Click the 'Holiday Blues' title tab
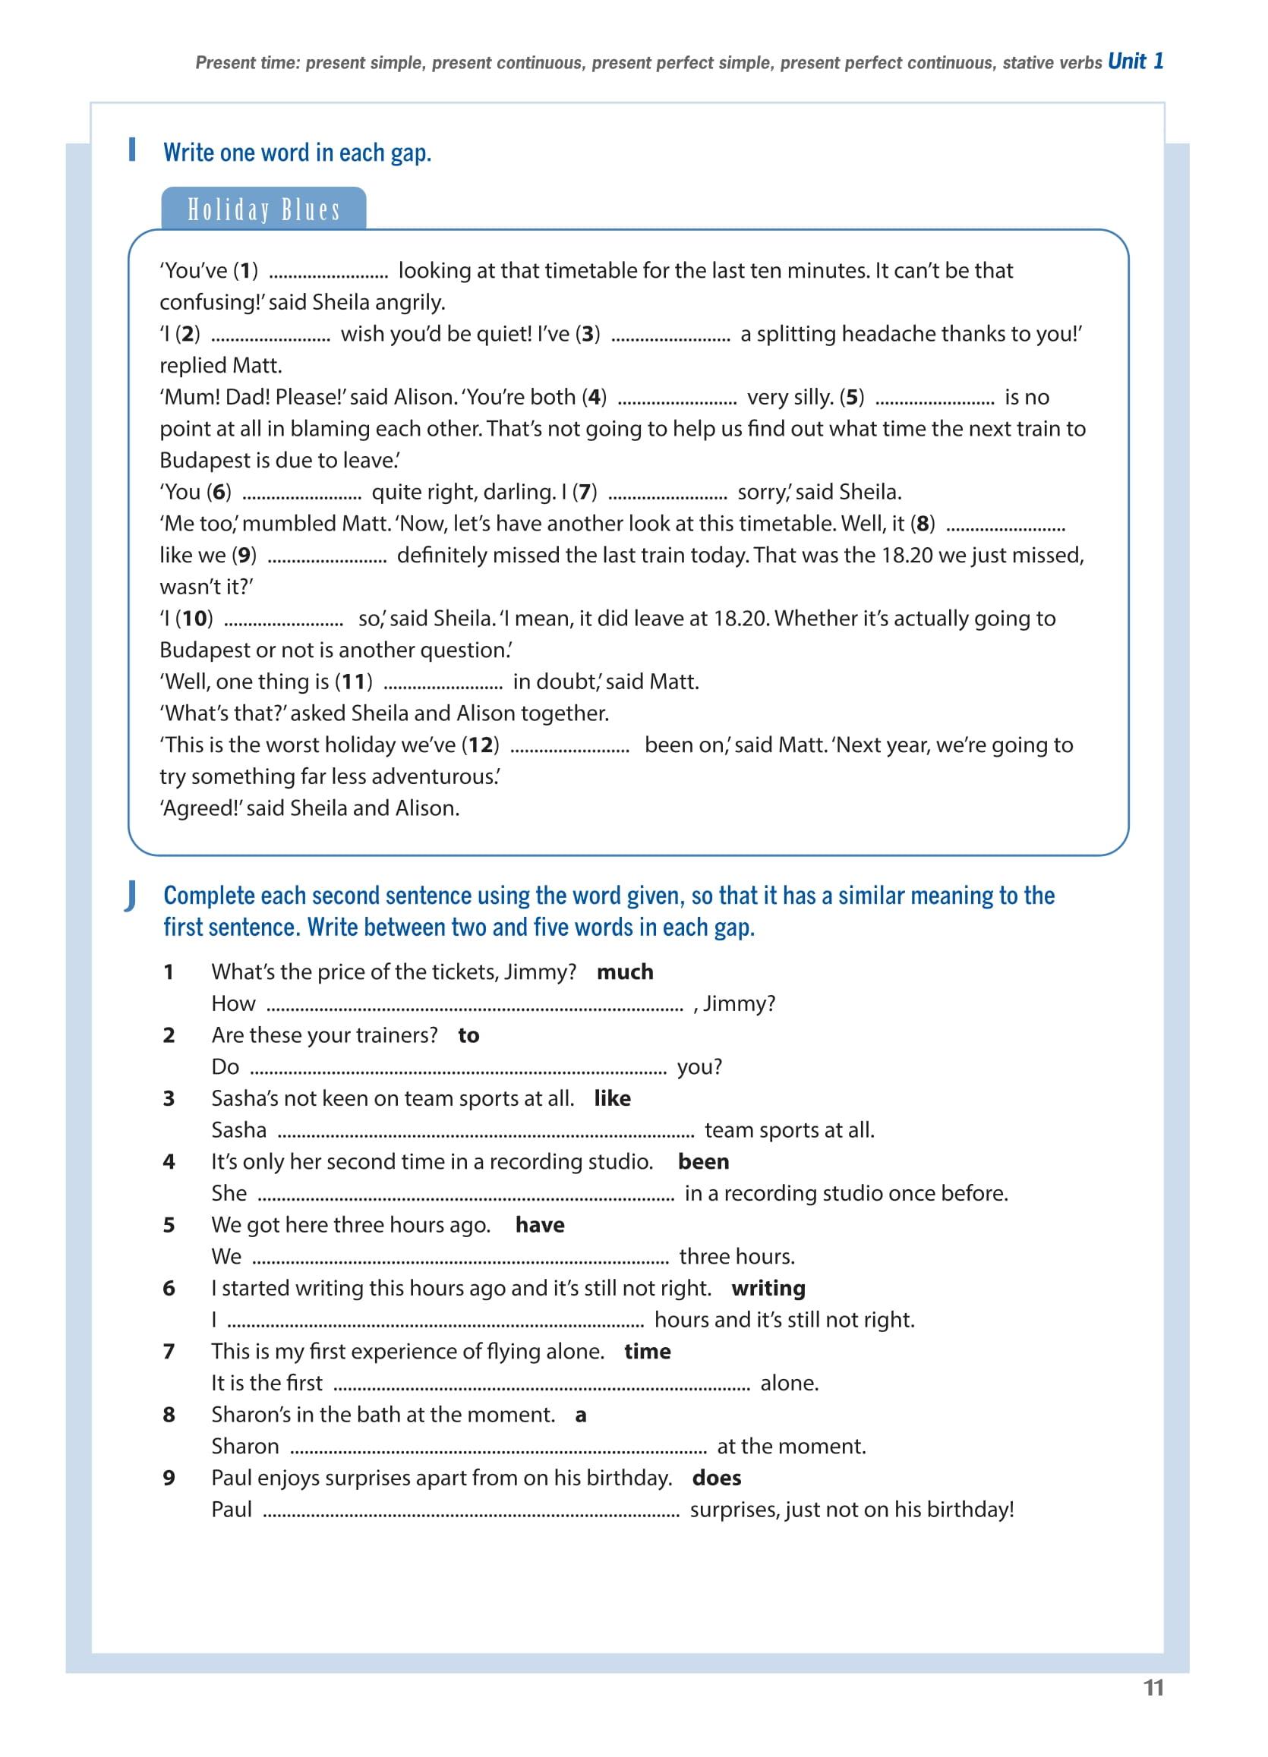[263, 210]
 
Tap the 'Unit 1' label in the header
[1134, 61]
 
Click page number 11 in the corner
[1153, 1688]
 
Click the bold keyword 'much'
[625, 972]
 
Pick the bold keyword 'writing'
[768, 1288]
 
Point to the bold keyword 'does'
[716, 1478]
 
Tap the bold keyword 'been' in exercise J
[703, 1162]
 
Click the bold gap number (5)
[852, 398]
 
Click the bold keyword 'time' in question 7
[647, 1352]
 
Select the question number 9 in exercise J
[169, 1478]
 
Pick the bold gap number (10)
[194, 619]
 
